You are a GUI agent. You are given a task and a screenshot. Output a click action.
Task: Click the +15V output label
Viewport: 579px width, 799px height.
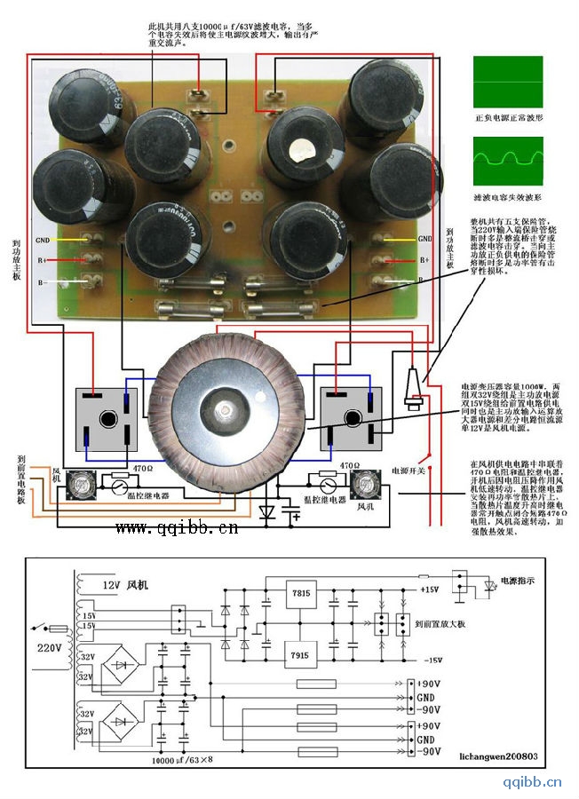tap(431, 589)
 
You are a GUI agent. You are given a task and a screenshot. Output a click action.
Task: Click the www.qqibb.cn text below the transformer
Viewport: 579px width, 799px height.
tap(177, 529)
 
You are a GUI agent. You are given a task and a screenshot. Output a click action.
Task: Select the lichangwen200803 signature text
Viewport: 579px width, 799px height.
tap(493, 758)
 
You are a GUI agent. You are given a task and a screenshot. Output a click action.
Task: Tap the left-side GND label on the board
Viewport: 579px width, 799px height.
tap(43, 240)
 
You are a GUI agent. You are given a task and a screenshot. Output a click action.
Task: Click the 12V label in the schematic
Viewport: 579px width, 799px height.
tap(108, 584)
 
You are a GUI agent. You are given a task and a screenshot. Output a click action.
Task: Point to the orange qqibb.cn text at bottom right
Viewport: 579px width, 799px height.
tap(532, 782)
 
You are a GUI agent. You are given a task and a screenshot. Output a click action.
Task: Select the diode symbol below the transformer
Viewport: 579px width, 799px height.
tap(266, 512)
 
